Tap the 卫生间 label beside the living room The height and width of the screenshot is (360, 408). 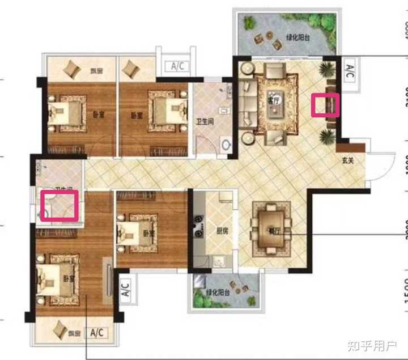pyautogui.click(x=204, y=121)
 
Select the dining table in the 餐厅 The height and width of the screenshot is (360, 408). pyautogui.click(x=272, y=226)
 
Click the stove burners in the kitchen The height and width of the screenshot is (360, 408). pyautogui.click(x=199, y=225)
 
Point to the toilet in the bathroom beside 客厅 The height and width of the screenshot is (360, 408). pyautogui.click(x=227, y=145)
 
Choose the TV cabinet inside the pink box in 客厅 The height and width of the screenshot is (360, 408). pyautogui.click(x=325, y=105)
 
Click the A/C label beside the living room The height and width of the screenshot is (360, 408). pyautogui.click(x=350, y=72)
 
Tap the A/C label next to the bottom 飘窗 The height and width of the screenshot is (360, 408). pyautogui.click(x=96, y=348)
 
